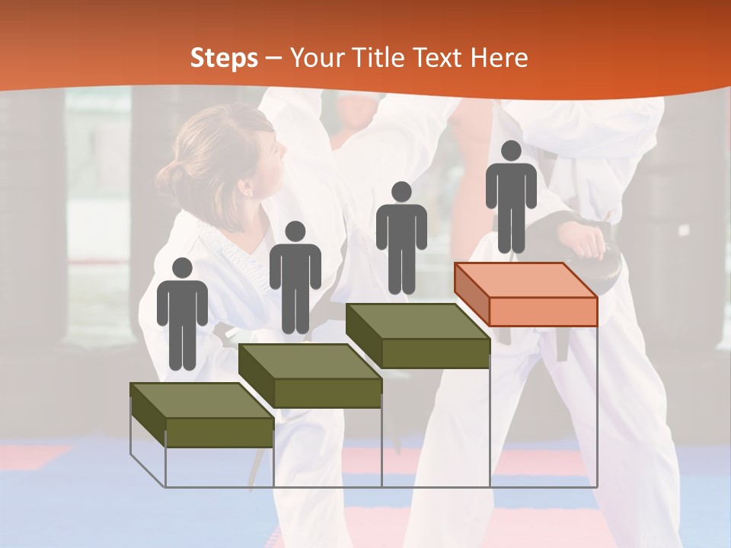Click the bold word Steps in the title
click(224, 58)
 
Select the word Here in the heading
click(499, 58)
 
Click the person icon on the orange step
click(511, 198)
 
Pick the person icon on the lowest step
click(182, 316)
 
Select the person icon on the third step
click(401, 239)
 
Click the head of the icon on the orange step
click(511, 151)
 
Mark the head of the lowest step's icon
click(182, 268)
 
